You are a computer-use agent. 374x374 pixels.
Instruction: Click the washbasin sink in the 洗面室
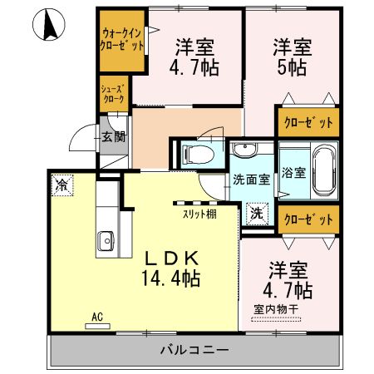click(x=244, y=150)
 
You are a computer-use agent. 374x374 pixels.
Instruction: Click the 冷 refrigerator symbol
click(x=62, y=185)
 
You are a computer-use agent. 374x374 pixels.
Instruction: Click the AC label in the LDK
click(x=97, y=316)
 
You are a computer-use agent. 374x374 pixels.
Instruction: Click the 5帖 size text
click(x=294, y=67)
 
